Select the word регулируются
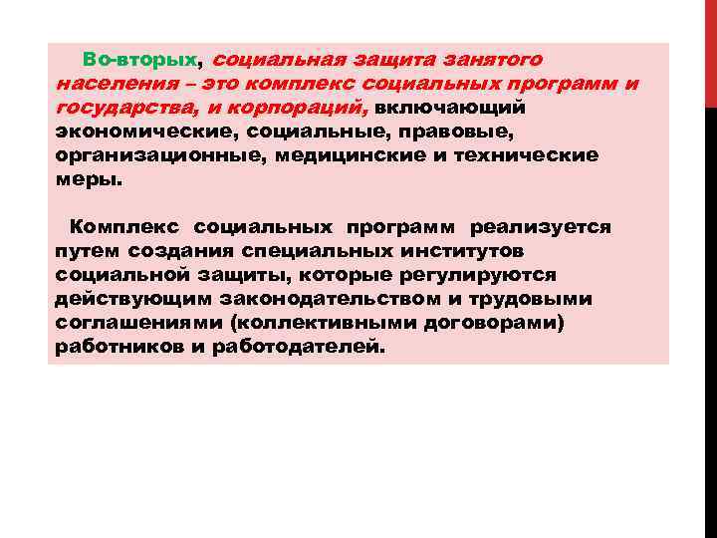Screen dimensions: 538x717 pyautogui.click(x=471, y=274)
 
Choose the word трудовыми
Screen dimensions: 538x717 pyautogui.click(x=538, y=298)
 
